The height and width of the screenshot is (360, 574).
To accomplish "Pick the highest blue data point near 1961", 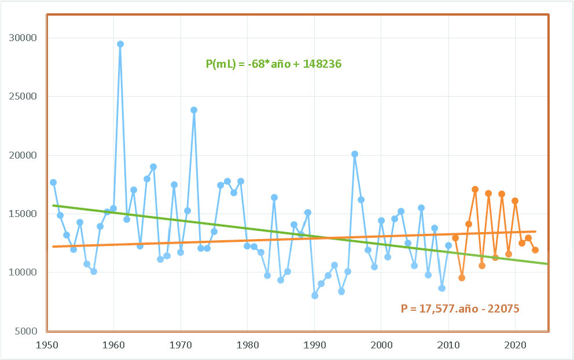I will pyautogui.click(x=120, y=44).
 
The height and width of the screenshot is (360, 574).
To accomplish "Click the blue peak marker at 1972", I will pyautogui.click(x=194, y=110).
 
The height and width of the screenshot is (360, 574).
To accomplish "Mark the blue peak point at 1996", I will pyautogui.click(x=355, y=154).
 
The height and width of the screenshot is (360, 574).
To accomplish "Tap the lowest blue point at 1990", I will pyautogui.click(x=315, y=295).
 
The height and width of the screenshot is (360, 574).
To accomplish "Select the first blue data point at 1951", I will pyautogui.click(x=53, y=182).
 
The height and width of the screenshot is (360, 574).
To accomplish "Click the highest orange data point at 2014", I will pyautogui.click(x=475, y=189).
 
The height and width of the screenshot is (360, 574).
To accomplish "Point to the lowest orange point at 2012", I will pyautogui.click(x=462, y=278).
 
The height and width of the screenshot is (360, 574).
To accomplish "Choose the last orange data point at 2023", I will pyautogui.click(x=535, y=250).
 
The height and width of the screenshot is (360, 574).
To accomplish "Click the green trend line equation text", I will pyautogui.click(x=274, y=64).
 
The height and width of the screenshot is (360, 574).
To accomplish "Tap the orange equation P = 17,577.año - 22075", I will pyautogui.click(x=460, y=308).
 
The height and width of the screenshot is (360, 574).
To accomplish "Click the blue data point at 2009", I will pyautogui.click(x=442, y=288).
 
